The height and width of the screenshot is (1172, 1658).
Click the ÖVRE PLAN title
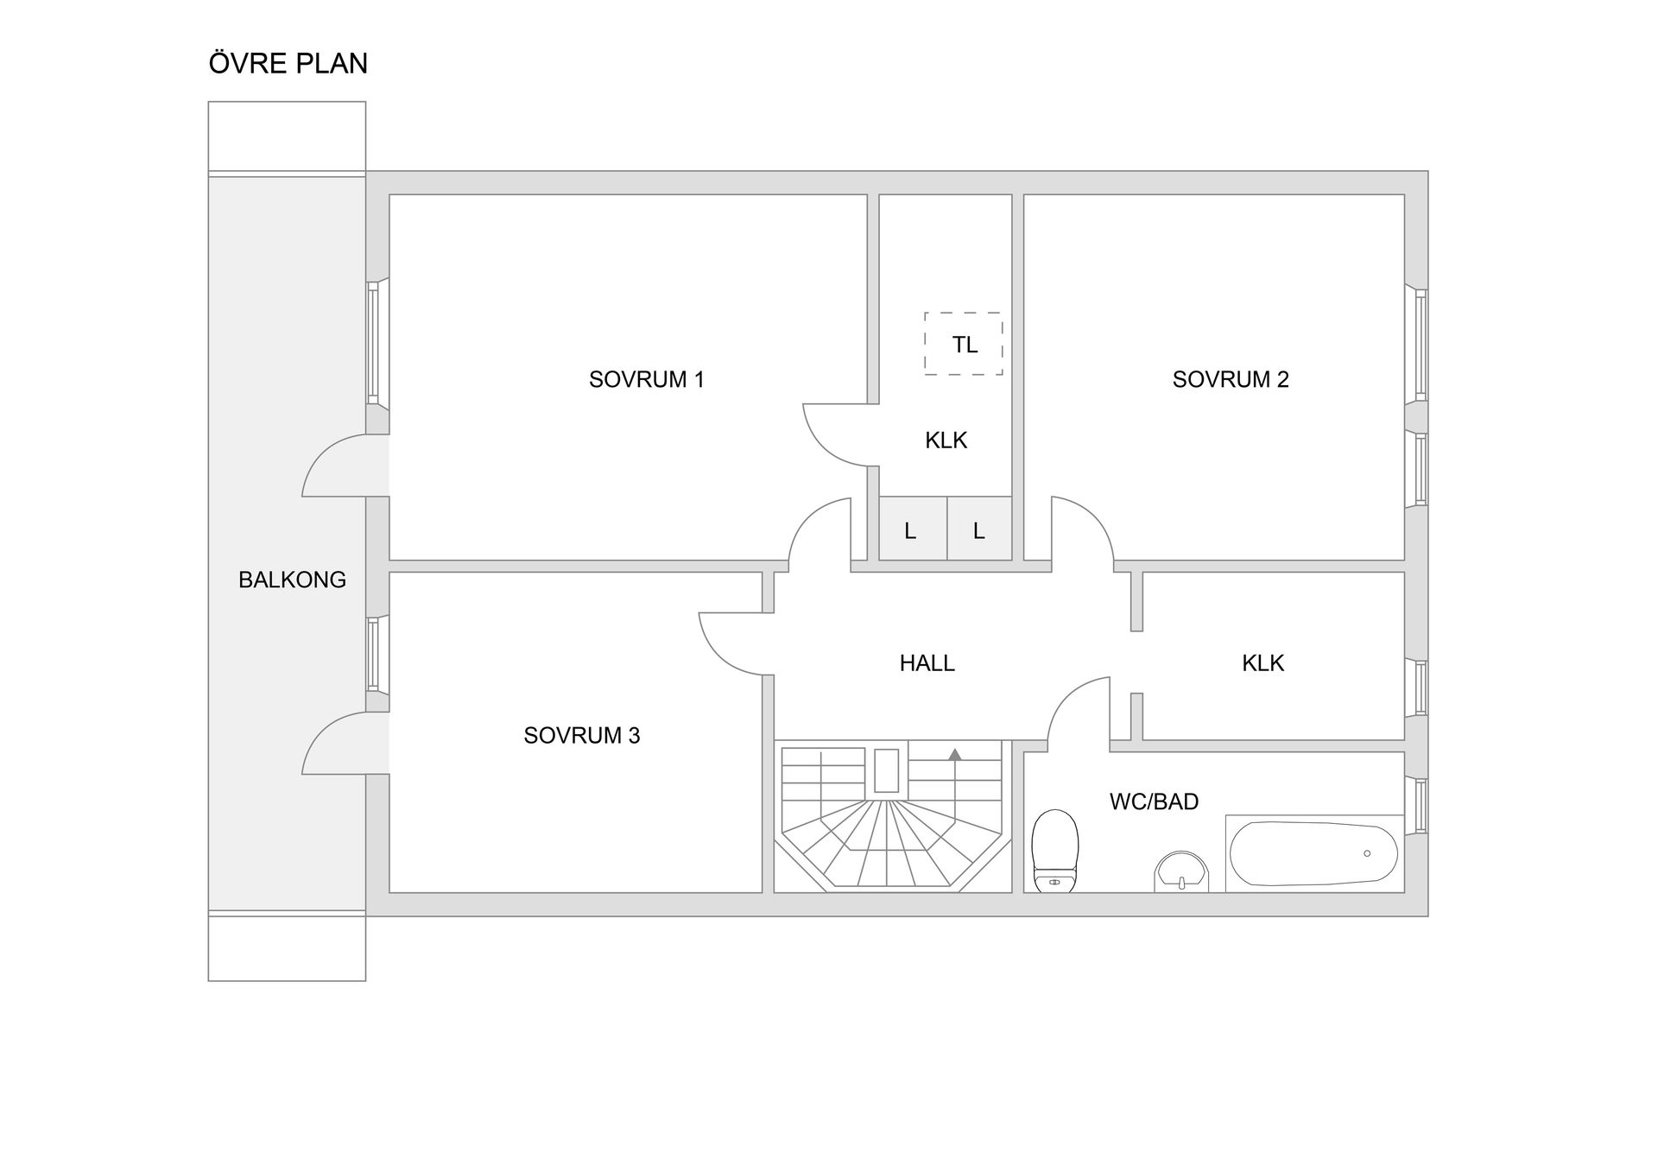point(288,62)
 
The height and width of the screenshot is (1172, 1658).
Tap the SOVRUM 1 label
point(647,379)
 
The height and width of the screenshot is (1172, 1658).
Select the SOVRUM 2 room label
point(1231,379)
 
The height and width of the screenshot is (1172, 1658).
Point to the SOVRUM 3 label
point(582,735)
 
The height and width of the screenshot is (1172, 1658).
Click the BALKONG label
point(292,580)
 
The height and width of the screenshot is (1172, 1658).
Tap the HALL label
point(927,663)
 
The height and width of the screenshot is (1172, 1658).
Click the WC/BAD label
point(1155,801)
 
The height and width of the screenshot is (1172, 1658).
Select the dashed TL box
point(964,344)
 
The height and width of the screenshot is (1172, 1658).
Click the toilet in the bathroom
point(1055,851)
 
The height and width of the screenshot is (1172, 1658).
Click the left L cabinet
point(913,529)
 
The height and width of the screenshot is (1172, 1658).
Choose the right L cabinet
point(980,529)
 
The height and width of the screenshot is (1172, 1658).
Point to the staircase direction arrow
point(954,755)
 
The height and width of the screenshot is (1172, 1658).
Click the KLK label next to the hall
point(1262,663)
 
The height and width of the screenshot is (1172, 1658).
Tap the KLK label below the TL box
point(946,440)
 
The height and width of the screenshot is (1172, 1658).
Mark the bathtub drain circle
point(1367,853)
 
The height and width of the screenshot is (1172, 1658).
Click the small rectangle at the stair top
point(887,770)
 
